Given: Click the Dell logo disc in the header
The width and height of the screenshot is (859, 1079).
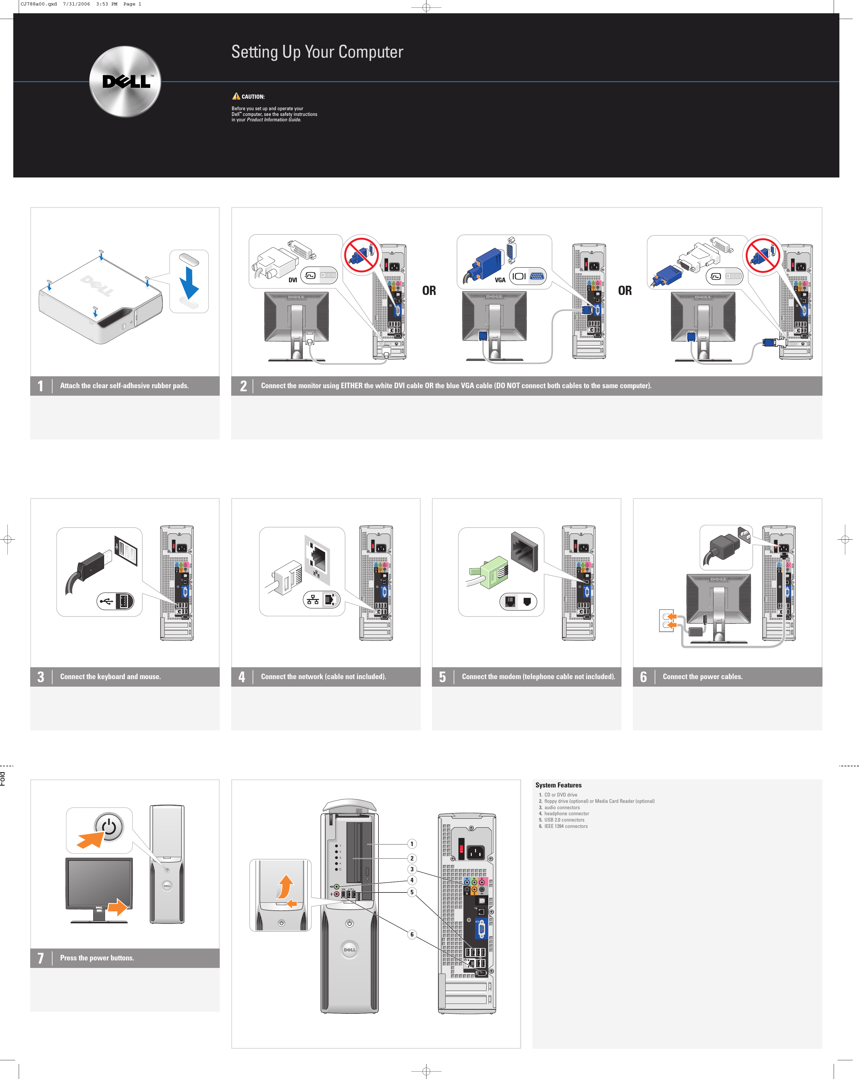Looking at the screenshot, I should click(x=125, y=81).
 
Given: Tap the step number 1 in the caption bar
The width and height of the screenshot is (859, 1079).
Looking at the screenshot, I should click(x=40, y=386).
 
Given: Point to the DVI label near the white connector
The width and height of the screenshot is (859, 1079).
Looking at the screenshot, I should click(x=293, y=280).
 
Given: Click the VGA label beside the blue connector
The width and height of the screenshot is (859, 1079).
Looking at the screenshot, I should click(x=500, y=280).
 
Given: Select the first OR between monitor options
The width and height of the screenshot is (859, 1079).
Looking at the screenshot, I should click(x=429, y=291).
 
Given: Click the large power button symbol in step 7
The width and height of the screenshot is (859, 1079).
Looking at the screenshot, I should click(x=109, y=827).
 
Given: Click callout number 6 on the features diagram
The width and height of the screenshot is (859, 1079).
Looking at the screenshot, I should click(x=412, y=934).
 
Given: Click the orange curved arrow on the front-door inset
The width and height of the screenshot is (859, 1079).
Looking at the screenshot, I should click(x=285, y=887).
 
